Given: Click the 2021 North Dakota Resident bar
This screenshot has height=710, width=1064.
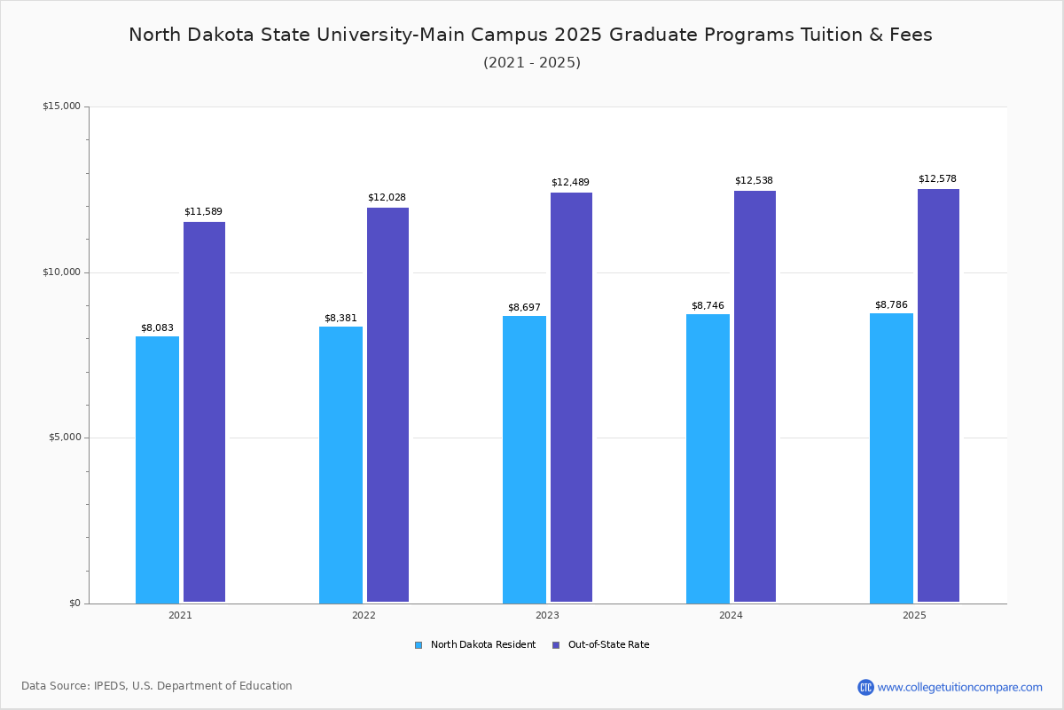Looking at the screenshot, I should tap(157, 469).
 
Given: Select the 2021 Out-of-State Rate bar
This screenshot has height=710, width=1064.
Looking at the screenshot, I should tap(204, 412).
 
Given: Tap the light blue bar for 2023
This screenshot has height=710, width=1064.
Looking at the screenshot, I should tap(524, 459).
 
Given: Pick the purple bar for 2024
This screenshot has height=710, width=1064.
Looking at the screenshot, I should tap(755, 397).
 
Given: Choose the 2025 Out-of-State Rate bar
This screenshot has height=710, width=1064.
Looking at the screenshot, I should tap(938, 396).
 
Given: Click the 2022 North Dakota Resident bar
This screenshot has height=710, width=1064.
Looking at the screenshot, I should tap(340, 464).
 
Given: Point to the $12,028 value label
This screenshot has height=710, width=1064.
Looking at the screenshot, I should tap(387, 197).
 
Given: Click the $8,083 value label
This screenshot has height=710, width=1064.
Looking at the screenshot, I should tap(157, 327).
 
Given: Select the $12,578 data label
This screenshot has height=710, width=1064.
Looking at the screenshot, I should tap(937, 178).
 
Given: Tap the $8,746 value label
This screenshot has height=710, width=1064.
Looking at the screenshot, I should tap(708, 305).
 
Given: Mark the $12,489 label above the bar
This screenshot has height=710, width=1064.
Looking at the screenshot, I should tap(570, 182).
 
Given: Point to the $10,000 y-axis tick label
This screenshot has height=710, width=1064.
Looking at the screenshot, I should tap(61, 272).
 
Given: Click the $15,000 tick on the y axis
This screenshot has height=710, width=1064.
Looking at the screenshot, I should tap(61, 106).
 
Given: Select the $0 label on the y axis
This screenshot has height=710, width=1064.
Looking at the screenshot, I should tap(74, 603).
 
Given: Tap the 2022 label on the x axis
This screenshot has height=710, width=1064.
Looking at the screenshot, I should tap(364, 615).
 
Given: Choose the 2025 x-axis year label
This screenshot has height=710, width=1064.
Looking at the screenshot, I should tap(914, 615).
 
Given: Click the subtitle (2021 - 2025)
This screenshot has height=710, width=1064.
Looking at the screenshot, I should tap(531, 62).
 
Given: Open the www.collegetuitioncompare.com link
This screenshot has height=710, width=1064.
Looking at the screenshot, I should tap(959, 687).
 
